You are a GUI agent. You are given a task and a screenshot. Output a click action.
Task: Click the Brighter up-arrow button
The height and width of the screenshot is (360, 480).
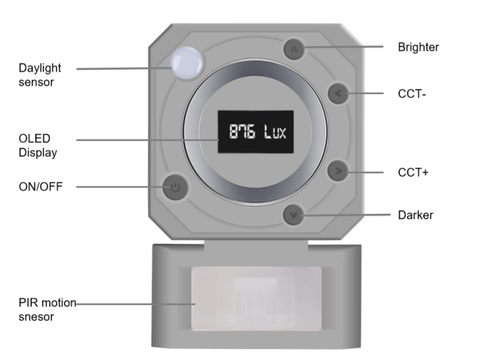click(x=294, y=49)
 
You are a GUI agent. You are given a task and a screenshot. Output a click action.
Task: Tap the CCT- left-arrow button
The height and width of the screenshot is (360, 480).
click(x=338, y=93)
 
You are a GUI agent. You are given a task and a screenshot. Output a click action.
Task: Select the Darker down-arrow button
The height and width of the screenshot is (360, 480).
click(x=293, y=215)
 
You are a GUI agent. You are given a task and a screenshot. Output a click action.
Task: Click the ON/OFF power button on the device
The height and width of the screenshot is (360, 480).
click(x=175, y=187)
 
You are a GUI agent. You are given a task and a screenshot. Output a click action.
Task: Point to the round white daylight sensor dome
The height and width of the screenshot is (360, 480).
click(x=187, y=63)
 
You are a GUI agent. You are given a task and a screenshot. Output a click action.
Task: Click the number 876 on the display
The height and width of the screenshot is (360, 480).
click(x=242, y=132)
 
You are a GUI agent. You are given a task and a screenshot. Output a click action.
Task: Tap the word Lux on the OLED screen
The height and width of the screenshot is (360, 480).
click(x=275, y=132)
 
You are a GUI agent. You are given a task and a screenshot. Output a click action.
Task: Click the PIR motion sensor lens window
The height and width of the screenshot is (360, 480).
click(x=257, y=298)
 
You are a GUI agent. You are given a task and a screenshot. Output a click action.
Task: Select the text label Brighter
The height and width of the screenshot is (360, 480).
click(x=418, y=47)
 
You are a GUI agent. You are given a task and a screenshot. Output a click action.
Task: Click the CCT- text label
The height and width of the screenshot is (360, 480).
click(x=412, y=94)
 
